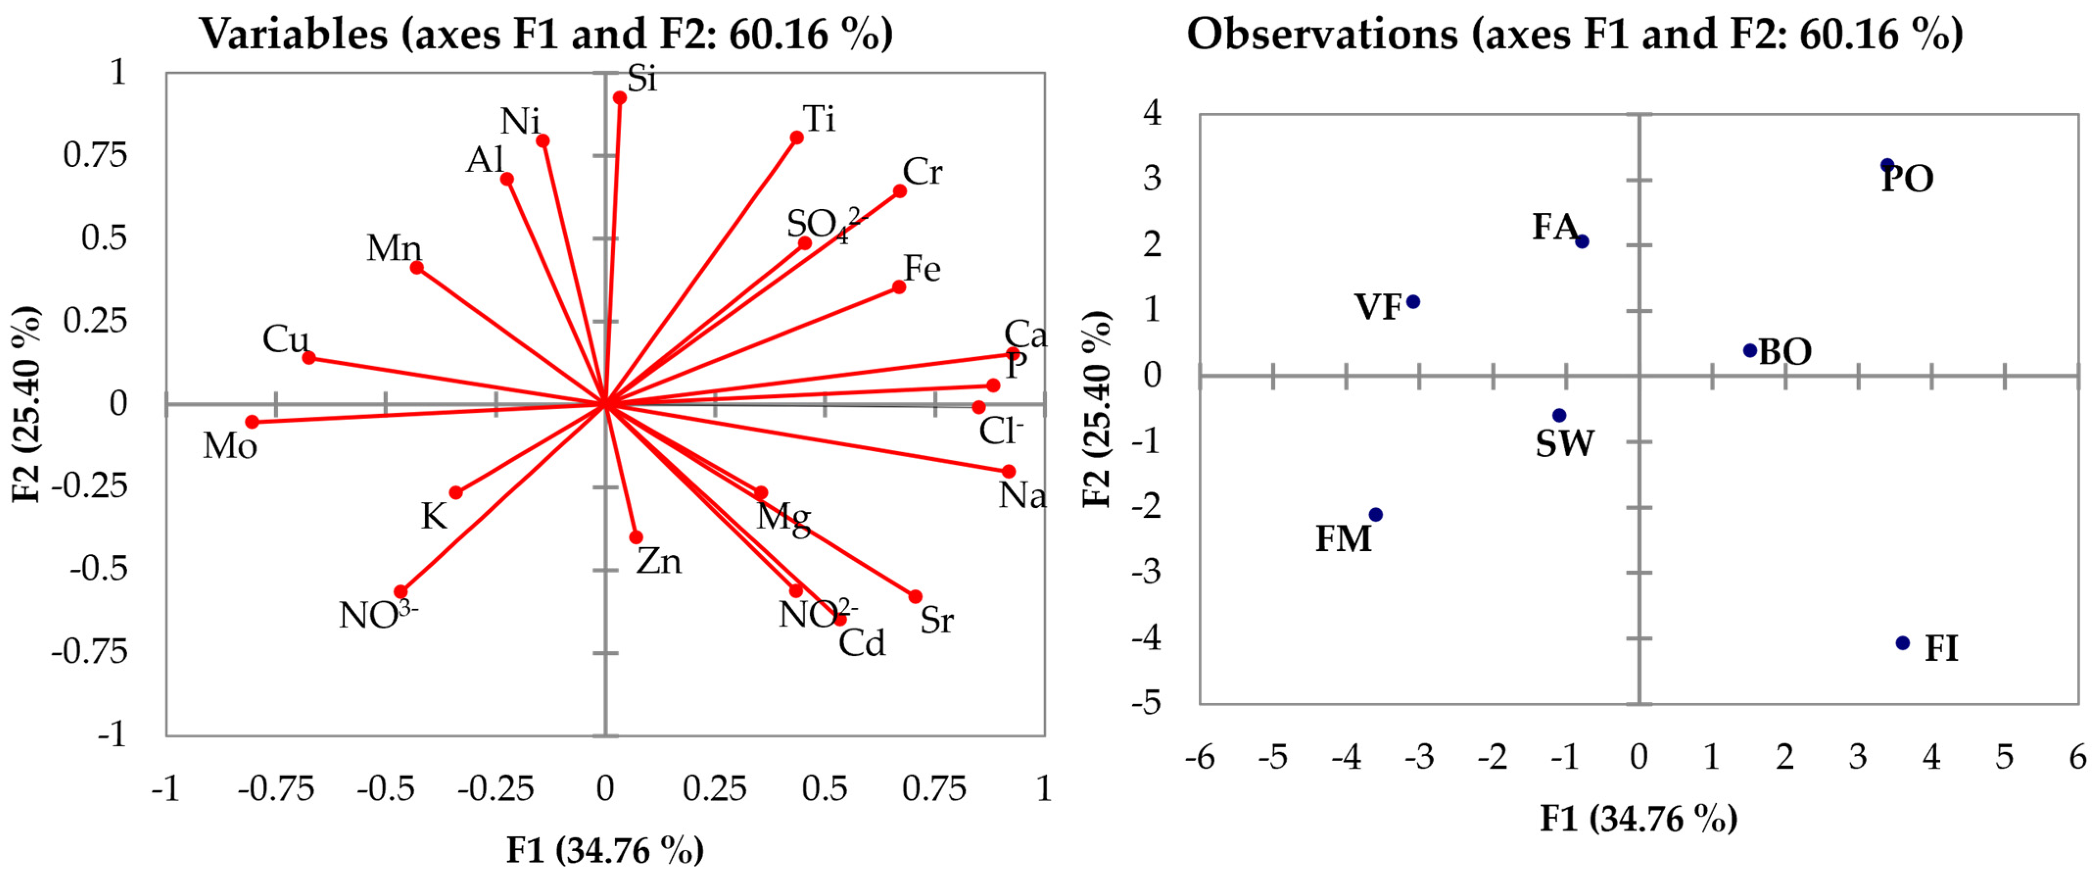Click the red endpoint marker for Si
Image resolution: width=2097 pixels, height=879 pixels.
point(620,98)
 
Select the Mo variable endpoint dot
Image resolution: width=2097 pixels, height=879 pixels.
point(252,421)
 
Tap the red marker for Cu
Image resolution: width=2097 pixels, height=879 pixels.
point(309,357)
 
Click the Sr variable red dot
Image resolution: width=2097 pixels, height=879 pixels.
point(915,597)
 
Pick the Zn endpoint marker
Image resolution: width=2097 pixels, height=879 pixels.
point(636,538)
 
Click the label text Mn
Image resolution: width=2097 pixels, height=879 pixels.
point(394,248)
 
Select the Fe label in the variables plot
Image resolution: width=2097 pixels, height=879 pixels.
point(922,269)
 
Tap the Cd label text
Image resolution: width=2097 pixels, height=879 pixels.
point(862,644)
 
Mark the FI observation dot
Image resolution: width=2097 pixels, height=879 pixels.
point(1903,643)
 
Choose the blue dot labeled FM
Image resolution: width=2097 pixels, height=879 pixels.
point(1376,514)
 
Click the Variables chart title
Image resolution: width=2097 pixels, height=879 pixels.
point(546,34)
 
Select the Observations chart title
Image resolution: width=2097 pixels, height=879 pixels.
point(1574,34)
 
